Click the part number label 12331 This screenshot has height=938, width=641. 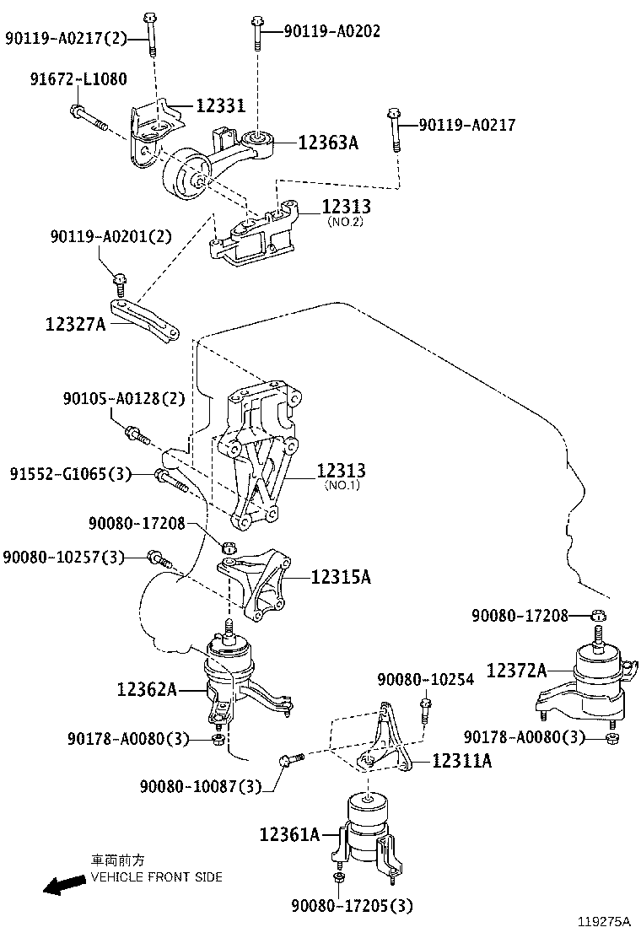point(220,106)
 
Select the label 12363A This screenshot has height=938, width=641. point(328,143)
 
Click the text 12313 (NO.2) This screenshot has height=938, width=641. point(345,212)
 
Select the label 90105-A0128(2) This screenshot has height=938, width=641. point(122,397)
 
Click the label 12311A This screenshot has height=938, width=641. point(461,761)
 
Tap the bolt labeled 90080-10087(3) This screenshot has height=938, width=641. point(291,760)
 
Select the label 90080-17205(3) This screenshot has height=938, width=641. point(352,906)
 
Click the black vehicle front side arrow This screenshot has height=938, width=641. point(62,885)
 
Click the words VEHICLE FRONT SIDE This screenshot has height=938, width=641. point(156,877)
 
